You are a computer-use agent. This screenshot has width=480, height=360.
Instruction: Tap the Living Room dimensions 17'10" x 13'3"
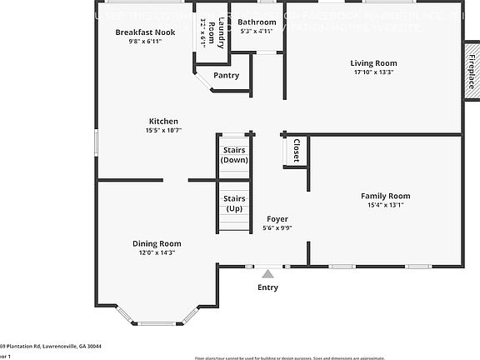[x=372, y=72]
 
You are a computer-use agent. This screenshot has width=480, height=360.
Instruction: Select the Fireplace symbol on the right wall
[x=471, y=72]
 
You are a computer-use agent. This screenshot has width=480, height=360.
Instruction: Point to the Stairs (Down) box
[x=234, y=154]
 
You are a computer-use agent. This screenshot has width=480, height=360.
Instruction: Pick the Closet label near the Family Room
[x=296, y=151]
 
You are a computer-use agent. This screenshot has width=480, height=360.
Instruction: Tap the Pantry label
[x=226, y=75]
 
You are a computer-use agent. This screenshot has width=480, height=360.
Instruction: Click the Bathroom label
[x=257, y=22]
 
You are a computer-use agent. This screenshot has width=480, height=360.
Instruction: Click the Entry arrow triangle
[x=267, y=272]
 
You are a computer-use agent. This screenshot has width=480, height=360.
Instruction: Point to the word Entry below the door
[x=267, y=287]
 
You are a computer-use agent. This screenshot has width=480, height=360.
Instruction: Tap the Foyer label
[x=277, y=218]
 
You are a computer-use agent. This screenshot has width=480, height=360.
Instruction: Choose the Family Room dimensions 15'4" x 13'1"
[x=385, y=205]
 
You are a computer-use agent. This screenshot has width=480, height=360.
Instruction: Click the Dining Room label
[x=157, y=243]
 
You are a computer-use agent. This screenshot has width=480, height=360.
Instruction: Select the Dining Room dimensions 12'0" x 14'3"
[x=157, y=252]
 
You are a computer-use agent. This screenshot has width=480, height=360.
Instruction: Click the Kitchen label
[x=163, y=121]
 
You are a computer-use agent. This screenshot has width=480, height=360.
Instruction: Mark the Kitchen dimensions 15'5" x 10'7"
[x=163, y=130]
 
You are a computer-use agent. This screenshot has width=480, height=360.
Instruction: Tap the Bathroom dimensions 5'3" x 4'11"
[x=257, y=32]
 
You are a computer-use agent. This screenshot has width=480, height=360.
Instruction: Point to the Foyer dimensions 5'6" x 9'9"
[x=277, y=227]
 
